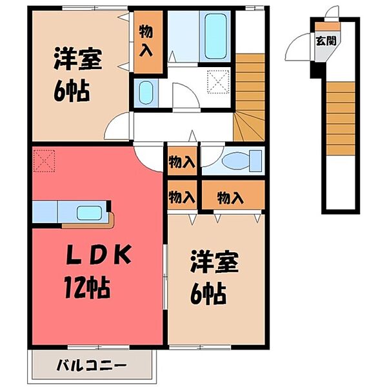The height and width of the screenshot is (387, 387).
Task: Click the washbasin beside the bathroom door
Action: [x=145, y=92]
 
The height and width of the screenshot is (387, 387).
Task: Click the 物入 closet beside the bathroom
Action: [x=148, y=40]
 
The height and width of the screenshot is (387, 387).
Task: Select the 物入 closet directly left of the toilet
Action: [x=181, y=162]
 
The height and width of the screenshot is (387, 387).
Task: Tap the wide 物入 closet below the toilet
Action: [x=230, y=196]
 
